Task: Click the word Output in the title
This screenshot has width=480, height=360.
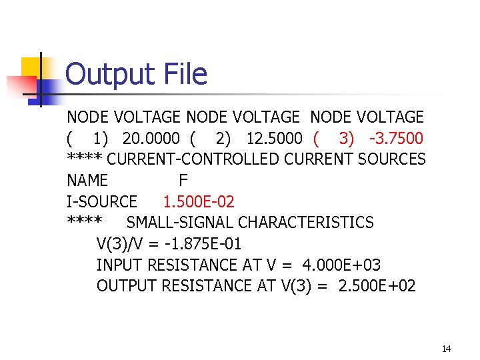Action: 108,74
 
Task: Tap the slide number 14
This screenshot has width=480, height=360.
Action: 446,349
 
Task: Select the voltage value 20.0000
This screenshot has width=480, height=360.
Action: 151,139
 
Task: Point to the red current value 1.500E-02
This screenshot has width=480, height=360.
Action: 199,201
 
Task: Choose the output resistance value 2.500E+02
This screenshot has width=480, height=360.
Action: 377,286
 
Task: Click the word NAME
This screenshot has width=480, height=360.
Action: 87,181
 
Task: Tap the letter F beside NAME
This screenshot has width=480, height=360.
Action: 183,181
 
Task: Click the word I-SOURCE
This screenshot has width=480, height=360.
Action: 102,201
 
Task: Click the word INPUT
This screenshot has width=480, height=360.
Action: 119,265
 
